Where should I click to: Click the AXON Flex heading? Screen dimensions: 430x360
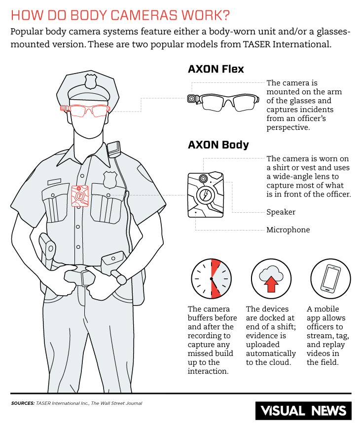[216, 69]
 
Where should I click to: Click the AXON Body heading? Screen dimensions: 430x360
[218, 145]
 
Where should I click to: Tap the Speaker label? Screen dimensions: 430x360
[281, 212]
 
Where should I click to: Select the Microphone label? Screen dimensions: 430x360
[288, 230]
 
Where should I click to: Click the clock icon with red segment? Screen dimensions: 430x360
[211, 278]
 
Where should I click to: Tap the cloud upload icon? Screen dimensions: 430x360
[271, 278]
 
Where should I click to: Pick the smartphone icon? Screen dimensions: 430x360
[330, 278]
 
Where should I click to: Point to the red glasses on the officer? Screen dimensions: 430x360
[89, 110]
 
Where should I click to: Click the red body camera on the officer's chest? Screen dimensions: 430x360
[80, 195]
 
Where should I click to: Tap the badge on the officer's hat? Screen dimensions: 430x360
[91, 80]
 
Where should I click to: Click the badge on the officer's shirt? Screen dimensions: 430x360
[110, 179]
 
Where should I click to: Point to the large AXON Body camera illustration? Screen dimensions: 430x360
[205, 195]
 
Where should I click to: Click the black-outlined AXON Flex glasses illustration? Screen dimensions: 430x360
[224, 102]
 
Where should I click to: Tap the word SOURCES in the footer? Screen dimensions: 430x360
[22, 403]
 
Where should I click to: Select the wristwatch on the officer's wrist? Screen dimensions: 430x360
[121, 279]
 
